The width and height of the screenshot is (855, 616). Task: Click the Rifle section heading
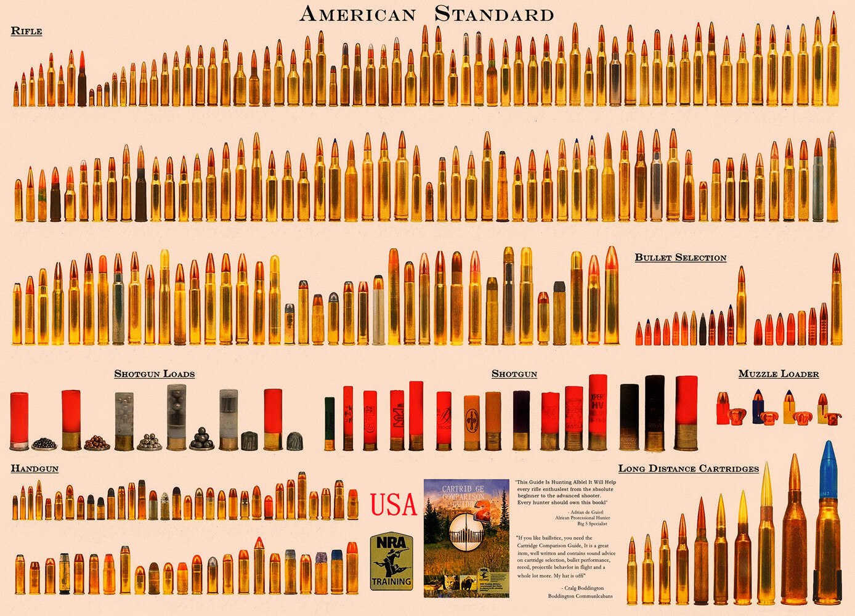26,31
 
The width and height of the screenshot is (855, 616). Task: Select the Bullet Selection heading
680,257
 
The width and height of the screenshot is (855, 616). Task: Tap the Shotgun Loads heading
154,374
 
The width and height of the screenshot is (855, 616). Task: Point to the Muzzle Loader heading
779,374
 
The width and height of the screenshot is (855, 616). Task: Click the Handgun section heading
34,469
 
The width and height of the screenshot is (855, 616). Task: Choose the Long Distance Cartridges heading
688,469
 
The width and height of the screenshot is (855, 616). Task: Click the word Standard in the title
494,14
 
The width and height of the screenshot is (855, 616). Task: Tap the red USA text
394,505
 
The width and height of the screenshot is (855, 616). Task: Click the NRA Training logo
391,561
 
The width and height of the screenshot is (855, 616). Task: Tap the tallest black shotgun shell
654,413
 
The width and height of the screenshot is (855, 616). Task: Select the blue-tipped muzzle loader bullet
758,407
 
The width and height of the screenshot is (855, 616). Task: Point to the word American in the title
357,14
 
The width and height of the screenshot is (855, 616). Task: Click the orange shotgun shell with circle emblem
472,423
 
